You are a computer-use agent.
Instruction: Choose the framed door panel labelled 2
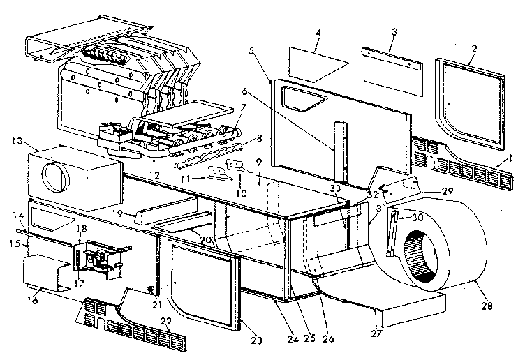pyautogui.click(x=468, y=105)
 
